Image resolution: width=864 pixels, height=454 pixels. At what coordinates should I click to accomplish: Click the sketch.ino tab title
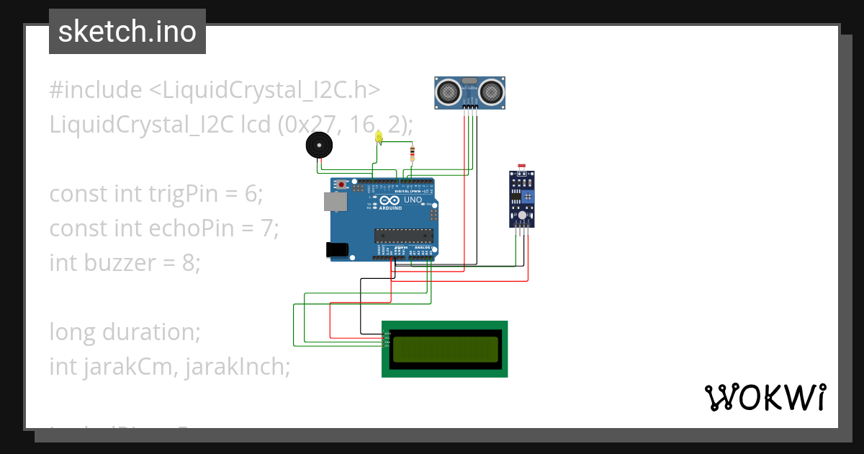tap(127, 32)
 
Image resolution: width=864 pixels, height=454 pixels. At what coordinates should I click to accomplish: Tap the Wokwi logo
tap(765, 398)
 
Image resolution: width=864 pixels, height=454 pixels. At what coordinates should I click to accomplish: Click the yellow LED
tap(379, 137)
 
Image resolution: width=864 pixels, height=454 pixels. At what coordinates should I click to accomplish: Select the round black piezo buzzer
tap(319, 146)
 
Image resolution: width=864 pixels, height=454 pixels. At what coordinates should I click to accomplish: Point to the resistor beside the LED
tap(412, 153)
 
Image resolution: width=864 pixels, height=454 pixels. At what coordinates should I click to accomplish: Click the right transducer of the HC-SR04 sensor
tap(491, 92)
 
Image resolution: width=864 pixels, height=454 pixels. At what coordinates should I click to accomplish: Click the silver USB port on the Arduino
tap(334, 202)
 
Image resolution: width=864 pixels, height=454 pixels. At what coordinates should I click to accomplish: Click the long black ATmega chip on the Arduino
tap(403, 235)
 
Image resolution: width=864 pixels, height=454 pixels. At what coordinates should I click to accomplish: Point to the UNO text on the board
tap(413, 200)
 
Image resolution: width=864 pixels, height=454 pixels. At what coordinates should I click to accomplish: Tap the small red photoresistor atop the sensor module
tap(522, 166)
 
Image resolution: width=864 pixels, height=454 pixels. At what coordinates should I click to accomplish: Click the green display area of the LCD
tap(444, 349)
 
